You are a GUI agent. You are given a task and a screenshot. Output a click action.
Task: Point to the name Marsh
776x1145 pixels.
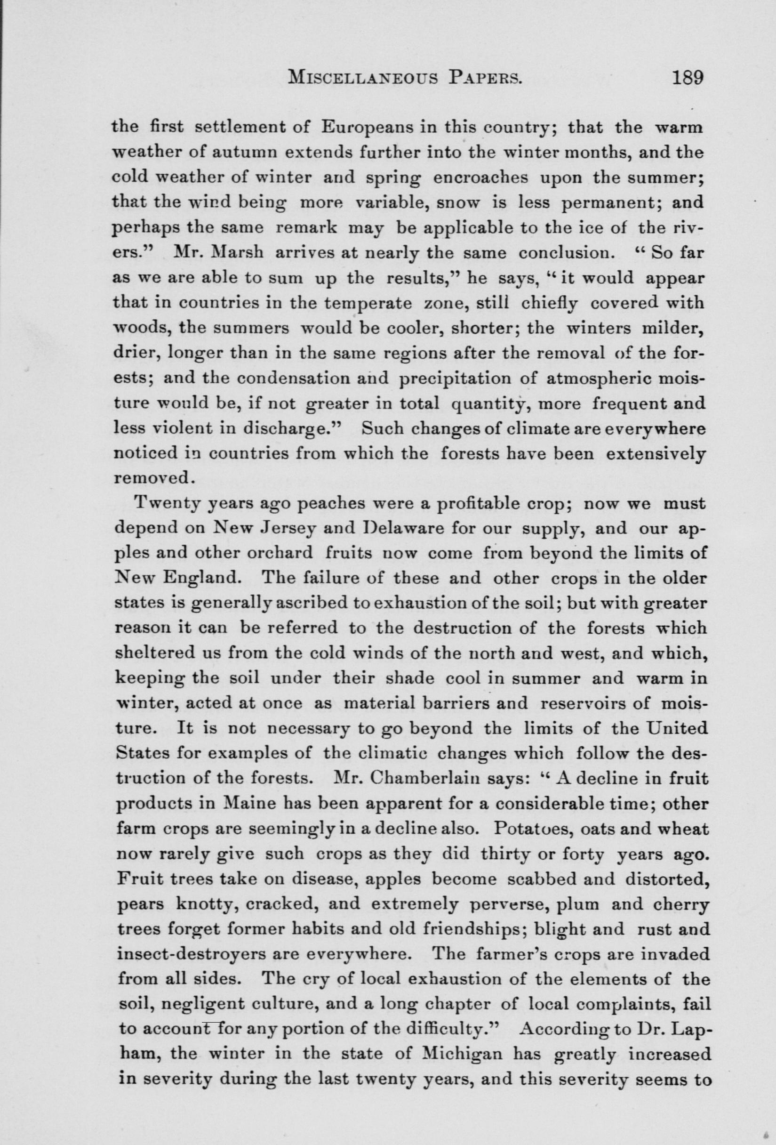[x=238, y=253]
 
